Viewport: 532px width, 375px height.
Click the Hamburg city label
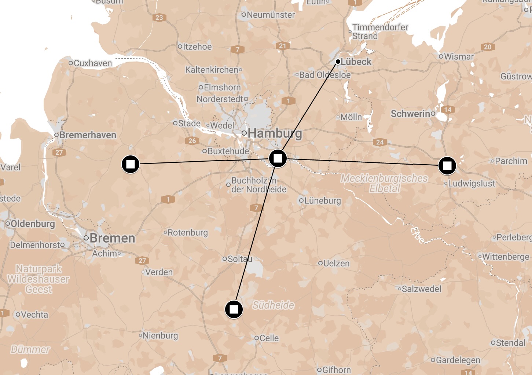pos(275,133)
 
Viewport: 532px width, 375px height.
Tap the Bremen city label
pos(112,238)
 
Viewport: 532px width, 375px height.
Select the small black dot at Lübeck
pos(338,62)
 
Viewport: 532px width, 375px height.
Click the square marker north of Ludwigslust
pos(447,166)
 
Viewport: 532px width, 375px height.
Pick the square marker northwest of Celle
pos(234,309)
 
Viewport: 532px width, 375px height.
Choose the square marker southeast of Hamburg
pos(278,158)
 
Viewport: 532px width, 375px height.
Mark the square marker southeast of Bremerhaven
pos(131,164)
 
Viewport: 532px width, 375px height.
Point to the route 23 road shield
pos(159,18)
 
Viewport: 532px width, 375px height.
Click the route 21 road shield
pos(282,46)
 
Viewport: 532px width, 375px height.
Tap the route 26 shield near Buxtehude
pos(192,140)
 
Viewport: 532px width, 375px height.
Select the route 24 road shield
pos(380,142)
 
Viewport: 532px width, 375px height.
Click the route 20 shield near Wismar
pos(488,47)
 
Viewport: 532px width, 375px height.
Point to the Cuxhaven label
pos(92,63)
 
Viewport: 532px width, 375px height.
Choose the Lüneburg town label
pos(322,201)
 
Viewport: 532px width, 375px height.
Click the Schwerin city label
pos(410,114)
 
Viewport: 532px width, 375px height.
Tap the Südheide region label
pos(274,305)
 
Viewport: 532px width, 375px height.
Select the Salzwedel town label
pos(421,289)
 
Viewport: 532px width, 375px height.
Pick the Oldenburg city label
pos(33,224)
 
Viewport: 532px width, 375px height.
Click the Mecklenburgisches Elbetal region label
pos(384,183)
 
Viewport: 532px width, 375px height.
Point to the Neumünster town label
pos(271,15)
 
